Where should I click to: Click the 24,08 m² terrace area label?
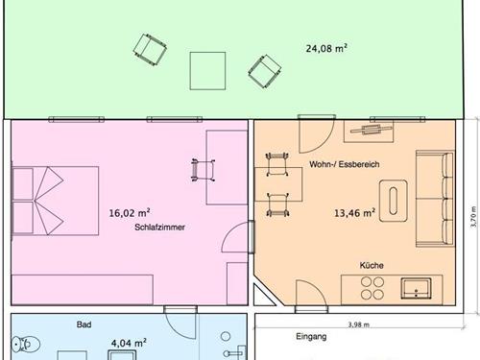click(x=326, y=48)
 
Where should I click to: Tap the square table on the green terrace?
click(x=207, y=71)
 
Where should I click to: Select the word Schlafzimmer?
click(x=159, y=228)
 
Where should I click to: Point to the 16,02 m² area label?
click(x=130, y=213)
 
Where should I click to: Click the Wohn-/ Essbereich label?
click(x=345, y=164)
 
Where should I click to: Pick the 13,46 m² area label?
click(x=354, y=213)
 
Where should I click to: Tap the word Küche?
click(x=372, y=265)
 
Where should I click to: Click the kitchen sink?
click(x=416, y=288)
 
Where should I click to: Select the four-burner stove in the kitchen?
click(x=372, y=288)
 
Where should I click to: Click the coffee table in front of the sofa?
click(x=394, y=201)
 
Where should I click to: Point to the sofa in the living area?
click(x=435, y=199)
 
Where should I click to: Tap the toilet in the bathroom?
click(x=26, y=345)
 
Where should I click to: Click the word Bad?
click(x=84, y=324)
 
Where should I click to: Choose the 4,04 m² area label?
click(x=129, y=343)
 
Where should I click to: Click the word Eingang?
click(x=311, y=337)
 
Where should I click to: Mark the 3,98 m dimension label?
click(x=359, y=324)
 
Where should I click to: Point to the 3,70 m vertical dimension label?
click(x=473, y=217)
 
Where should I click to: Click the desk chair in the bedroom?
click(x=203, y=170)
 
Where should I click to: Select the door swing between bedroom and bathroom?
click(x=180, y=322)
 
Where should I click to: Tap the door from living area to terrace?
click(x=316, y=133)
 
